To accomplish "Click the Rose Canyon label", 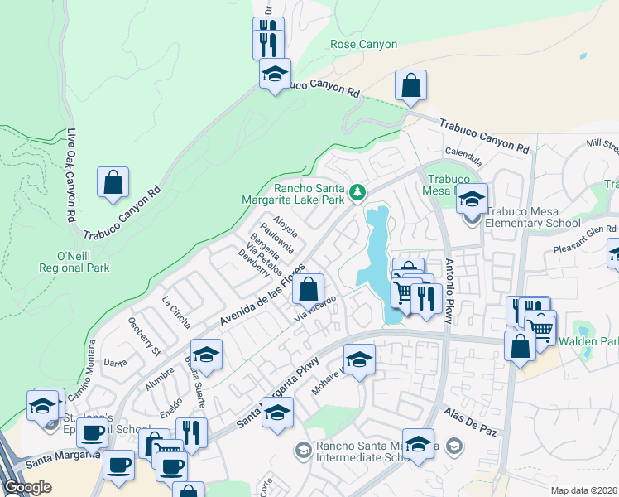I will tap(363, 44).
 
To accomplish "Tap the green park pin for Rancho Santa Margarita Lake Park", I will tap(357, 192).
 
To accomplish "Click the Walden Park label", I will tap(588, 341).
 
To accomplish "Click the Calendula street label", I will tap(463, 153).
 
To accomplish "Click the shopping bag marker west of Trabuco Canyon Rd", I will tap(113, 182).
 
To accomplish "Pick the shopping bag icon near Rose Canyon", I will tap(410, 86).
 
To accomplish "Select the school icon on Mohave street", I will tap(359, 360).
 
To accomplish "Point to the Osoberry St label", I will tap(144, 332).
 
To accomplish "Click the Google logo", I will tap(26, 487).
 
